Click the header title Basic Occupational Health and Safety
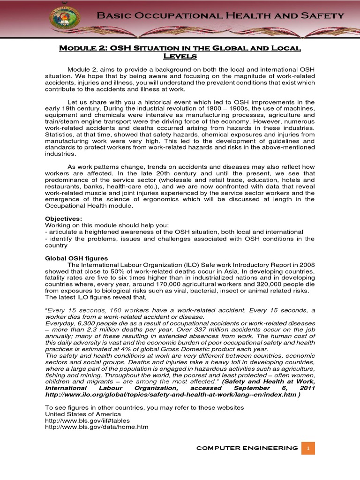220,16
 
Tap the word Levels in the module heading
180,57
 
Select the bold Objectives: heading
63,219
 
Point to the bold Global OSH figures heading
76,258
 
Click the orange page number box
308,448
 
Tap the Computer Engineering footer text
247,448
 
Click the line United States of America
82,414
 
